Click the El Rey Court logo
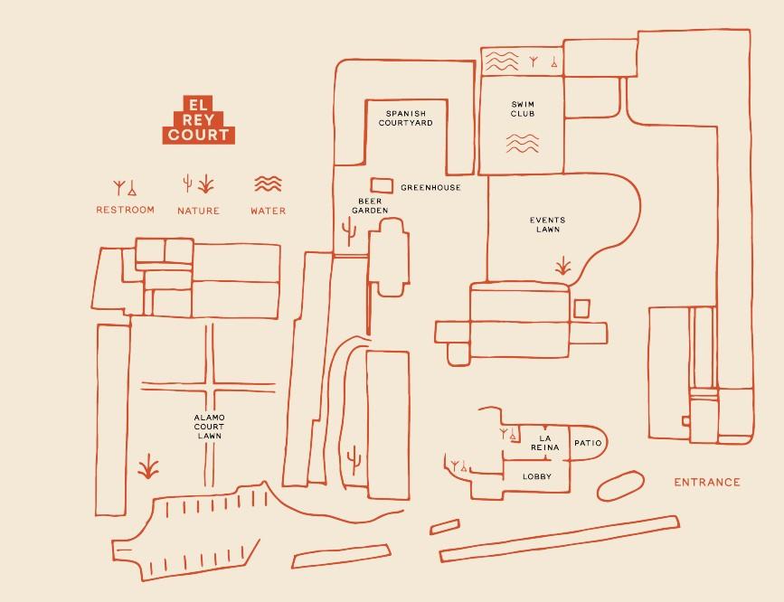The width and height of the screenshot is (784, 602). pyautogui.click(x=198, y=119)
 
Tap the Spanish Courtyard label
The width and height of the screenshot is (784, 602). pyautogui.click(x=405, y=118)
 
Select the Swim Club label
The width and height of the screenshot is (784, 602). pyautogui.click(x=523, y=108)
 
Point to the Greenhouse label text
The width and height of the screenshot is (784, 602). pyautogui.click(x=430, y=188)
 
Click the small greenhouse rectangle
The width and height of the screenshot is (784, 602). pyautogui.click(x=383, y=185)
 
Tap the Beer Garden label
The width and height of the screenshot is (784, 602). pyautogui.click(x=370, y=205)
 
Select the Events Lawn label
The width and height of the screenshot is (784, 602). pyautogui.click(x=547, y=224)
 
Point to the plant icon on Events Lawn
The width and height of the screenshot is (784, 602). pyautogui.click(x=563, y=266)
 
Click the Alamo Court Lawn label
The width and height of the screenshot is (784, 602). pyautogui.click(x=209, y=427)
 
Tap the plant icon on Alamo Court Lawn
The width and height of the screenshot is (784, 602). pyautogui.click(x=147, y=468)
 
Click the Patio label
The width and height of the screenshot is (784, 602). pyautogui.click(x=587, y=444)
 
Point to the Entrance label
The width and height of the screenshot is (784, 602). pyautogui.click(x=706, y=483)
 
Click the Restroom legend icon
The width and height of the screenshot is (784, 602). pyautogui.click(x=125, y=188)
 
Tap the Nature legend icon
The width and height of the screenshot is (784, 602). pyautogui.click(x=198, y=184)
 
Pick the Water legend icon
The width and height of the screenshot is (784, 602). pyautogui.click(x=268, y=184)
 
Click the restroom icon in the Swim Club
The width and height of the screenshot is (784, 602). pyautogui.click(x=544, y=61)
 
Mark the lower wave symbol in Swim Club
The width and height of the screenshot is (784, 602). pyautogui.click(x=522, y=142)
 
